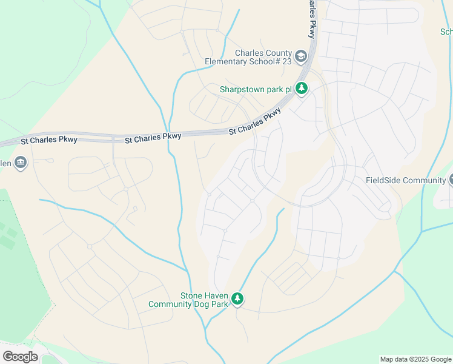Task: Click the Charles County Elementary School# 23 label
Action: tap(248, 57)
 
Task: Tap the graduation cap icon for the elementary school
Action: tap(302, 56)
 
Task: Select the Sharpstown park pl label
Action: tap(256, 89)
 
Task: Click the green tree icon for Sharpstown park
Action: tap(302, 89)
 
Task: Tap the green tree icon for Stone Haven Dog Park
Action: tap(237, 298)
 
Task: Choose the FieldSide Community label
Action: tap(406, 180)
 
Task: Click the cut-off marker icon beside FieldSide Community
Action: tap(451, 180)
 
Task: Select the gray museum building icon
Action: tap(21, 162)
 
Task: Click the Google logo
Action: tap(20, 357)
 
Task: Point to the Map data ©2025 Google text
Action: tap(415, 359)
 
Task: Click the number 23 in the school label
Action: tap(286, 61)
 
